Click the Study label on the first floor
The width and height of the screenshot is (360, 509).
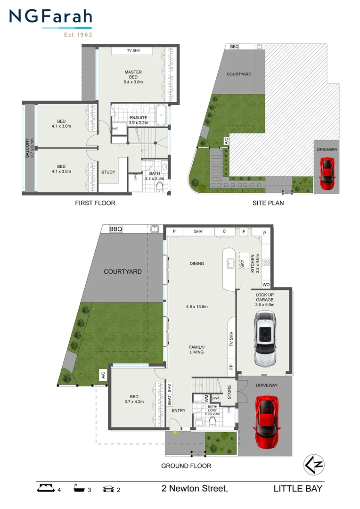(x=108, y=172)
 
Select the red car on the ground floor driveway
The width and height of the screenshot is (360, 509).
(x=267, y=422)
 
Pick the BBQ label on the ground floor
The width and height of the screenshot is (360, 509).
(x=115, y=229)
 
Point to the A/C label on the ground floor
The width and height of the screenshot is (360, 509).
(x=102, y=376)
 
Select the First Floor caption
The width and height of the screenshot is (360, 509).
(x=95, y=203)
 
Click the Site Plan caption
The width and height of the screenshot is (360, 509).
(x=268, y=203)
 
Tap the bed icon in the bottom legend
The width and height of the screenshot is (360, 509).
(x=46, y=489)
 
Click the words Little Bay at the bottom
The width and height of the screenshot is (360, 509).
(x=298, y=489)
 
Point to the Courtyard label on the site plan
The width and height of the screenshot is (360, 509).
(x=239, y=74)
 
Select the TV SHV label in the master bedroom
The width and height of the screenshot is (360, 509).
(x=133, y=50)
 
